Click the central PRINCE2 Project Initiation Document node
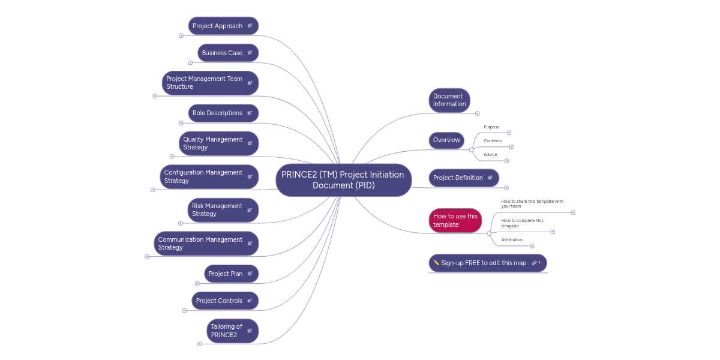343,180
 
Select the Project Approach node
218,26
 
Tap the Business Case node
223,53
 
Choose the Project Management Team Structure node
205,83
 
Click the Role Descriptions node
218,113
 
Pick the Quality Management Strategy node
213,143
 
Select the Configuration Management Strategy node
203,176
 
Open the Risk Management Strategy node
217,210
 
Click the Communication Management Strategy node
200,244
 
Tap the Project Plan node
226,274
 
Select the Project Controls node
220,301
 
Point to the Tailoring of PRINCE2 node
227,331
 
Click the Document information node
449,100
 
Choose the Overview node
446,140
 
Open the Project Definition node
458,178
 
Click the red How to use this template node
455,220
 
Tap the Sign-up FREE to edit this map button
484,263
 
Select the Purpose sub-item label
491,127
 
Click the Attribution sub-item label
512,240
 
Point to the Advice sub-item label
490,155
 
